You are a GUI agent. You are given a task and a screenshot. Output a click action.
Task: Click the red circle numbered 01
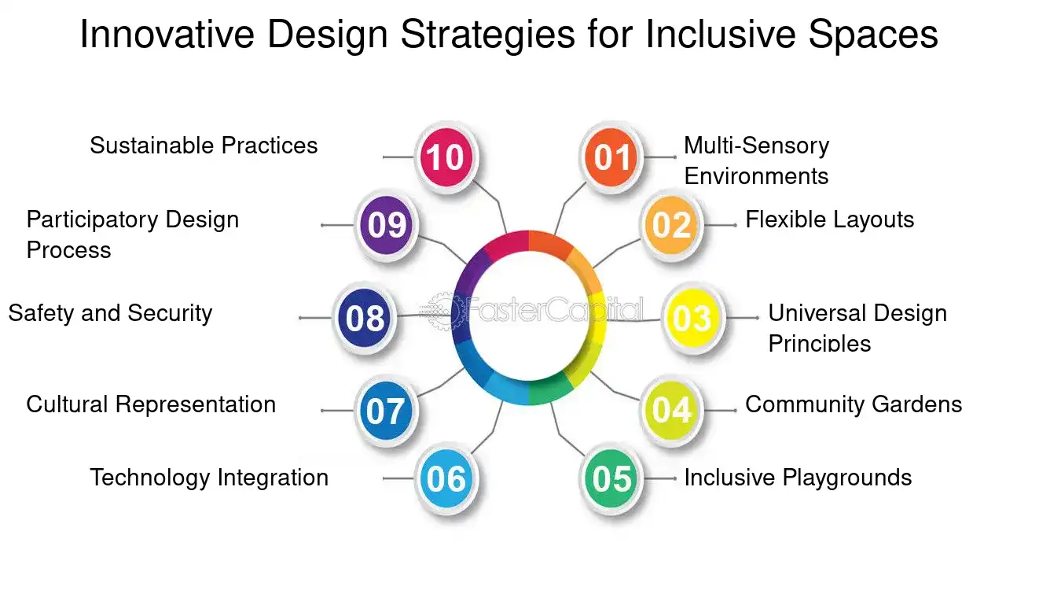[x=611, y=157]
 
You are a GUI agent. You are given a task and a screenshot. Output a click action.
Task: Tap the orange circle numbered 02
[x=671, y=225]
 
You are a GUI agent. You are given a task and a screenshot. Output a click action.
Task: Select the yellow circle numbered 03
[x=693, y=317]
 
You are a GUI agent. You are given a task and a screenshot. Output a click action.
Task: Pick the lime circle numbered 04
[x=671, y=410]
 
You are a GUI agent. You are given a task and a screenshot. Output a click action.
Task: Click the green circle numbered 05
[x=611, y=478]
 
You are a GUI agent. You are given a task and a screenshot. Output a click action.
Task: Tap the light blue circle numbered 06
[x=446, y=478]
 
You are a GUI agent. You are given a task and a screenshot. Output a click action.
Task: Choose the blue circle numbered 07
[x=386, y=410]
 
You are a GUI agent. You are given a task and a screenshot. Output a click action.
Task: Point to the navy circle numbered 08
[x=364, y=317]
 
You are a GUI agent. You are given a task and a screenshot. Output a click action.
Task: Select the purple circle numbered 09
[x=386, y=225]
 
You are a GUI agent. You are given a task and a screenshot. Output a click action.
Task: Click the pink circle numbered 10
[x=446, y=157]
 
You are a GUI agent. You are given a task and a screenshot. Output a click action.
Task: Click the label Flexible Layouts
[x=830, y=220]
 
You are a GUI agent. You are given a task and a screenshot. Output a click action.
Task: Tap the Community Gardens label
[x=854, y=404]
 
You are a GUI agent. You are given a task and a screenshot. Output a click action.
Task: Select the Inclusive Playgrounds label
[x=799, y=478]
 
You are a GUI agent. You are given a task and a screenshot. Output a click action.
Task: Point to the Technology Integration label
[x=209, y=478]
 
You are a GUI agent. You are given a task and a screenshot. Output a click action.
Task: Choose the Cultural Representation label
[x=151, y=405]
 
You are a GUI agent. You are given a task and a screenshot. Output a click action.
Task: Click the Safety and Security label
[x=110, y=314]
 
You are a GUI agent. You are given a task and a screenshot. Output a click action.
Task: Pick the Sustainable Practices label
[x=204, y=146]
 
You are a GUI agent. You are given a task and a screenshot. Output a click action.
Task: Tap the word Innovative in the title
[x=167, y=34]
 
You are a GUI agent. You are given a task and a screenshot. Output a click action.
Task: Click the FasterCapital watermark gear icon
[x=443, y=311]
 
